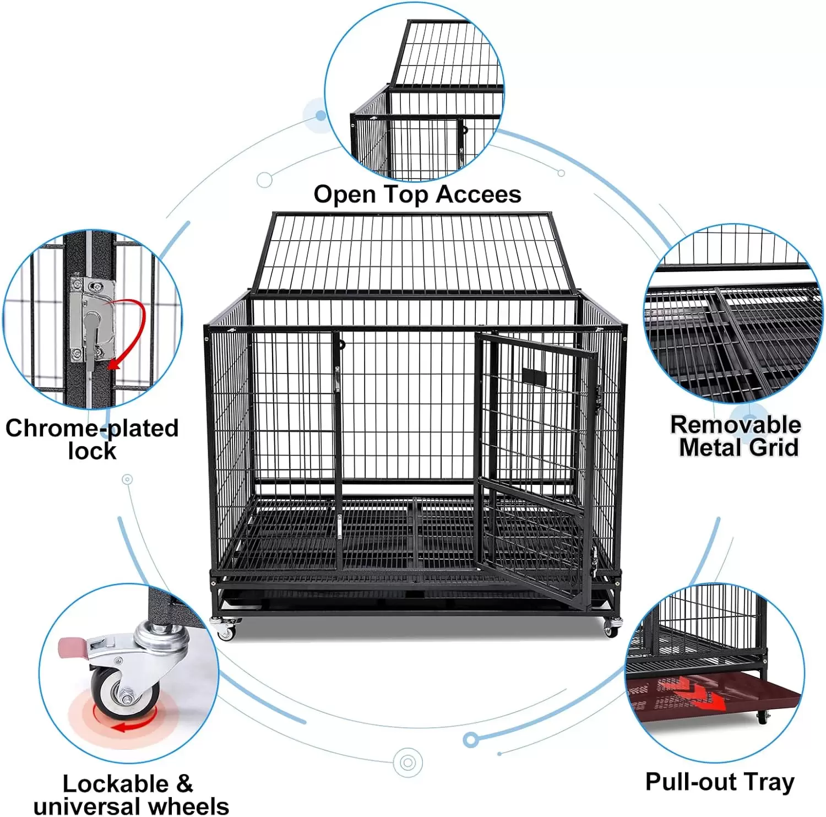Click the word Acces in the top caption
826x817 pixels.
479,194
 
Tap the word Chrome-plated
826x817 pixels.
92,428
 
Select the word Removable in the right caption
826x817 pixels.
736,425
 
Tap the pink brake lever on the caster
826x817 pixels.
72,646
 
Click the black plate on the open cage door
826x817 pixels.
534,377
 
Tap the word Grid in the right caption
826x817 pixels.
774,447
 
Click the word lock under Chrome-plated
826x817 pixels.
92,451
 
